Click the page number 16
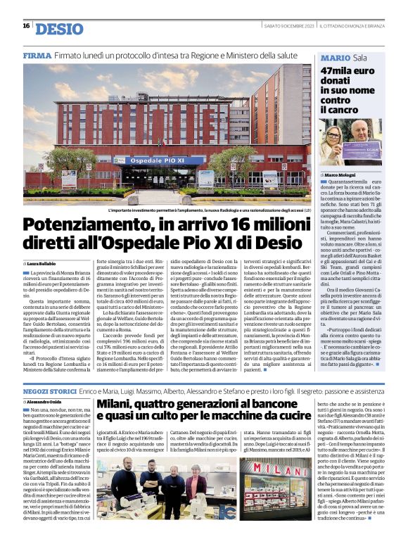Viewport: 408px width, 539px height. tap(26, 26)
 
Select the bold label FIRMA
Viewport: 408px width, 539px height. tap(37, 55)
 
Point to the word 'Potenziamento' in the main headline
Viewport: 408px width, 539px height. tap(82, 225)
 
